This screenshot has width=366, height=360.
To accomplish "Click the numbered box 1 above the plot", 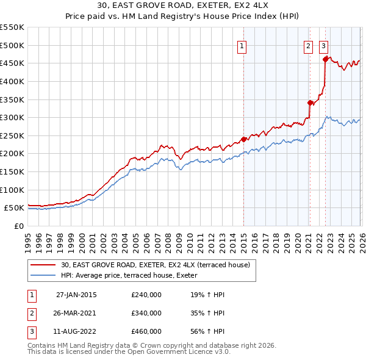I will pos(242,45).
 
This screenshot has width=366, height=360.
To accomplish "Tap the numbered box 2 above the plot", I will pos(309,45).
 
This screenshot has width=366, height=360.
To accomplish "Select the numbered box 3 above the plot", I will pos(323,45).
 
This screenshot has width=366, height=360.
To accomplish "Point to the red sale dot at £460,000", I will pos(325,59).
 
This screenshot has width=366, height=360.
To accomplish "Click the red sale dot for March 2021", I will pos(310,103).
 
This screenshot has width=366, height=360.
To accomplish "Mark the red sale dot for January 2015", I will pos(243,139).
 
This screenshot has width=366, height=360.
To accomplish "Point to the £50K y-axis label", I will pos(15,208).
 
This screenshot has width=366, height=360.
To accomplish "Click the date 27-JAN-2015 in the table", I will pos(76,295).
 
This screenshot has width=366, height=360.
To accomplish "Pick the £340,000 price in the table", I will pos(146,313).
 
